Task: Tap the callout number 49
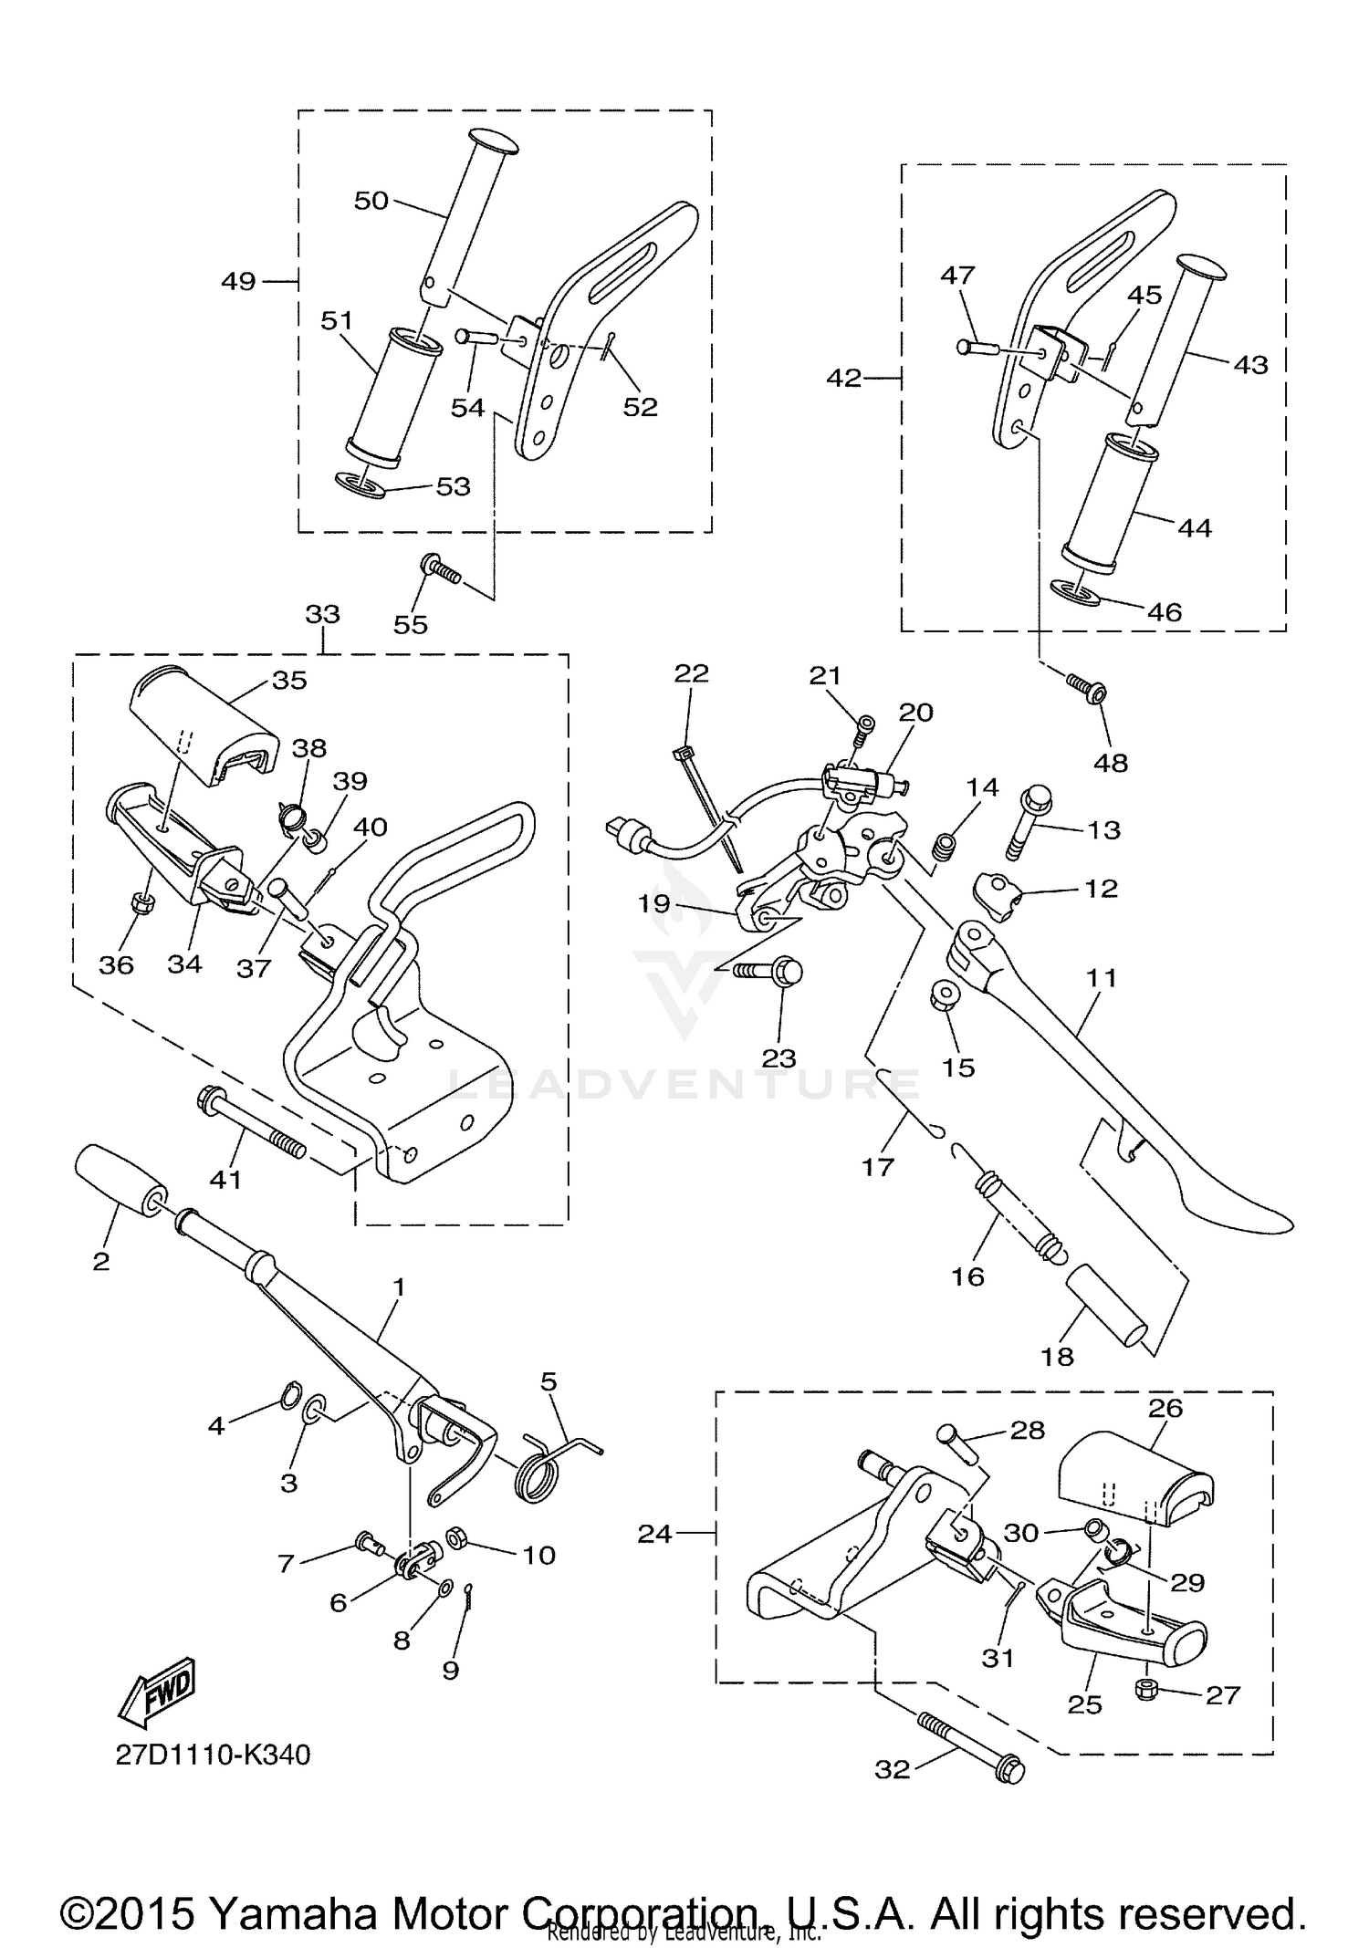click(238, 282)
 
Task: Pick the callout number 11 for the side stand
click(1102, 978)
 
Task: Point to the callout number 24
click(654, 1534)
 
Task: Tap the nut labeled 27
click(1145, 1690)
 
